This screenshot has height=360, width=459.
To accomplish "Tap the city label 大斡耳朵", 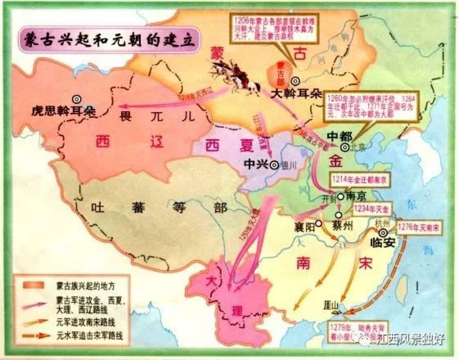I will pyautogui.click(x=295, y=94).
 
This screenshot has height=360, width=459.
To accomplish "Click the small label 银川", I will pyautogui.click(x=288, y=165).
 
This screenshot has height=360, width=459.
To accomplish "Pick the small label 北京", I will pyautogui.click(x=358, y=148).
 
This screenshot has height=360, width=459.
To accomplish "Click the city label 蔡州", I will pyautogui.click(x=342, y=226).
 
